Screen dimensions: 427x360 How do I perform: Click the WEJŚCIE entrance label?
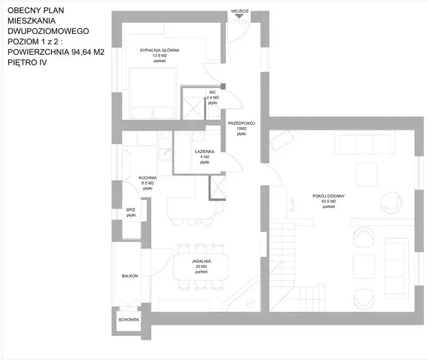(x=240, y=11)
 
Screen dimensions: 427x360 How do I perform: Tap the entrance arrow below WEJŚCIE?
(x=239, y=16)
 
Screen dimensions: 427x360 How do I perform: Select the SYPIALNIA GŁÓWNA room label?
(x=160, y=50)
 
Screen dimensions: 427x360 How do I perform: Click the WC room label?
(x=212, y=92)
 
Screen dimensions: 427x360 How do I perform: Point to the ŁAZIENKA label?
(x=204, y=151)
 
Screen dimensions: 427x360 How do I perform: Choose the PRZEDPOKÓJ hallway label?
(x=241, y=123)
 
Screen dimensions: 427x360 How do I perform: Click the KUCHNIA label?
(x=148, y=178)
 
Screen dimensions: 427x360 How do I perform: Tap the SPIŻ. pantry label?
(x=131, y=210)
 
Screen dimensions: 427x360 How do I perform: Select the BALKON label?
(x=130, y=276)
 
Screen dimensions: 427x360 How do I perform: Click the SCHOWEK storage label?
(x=129, y=319)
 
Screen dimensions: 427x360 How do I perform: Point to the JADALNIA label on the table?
(x=201, y=261)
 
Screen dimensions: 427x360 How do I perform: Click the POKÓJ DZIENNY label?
(x=329, y=196)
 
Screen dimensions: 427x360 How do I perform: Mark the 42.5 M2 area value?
(x=329, y=202)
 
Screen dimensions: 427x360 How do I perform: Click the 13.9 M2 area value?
(x=160, y=55)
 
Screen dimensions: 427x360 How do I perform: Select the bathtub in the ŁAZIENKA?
(x=183, y=153)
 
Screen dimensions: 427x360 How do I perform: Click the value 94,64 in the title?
(x=82, y=52)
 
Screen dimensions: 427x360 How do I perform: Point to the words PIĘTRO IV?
(x=27, y=62)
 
